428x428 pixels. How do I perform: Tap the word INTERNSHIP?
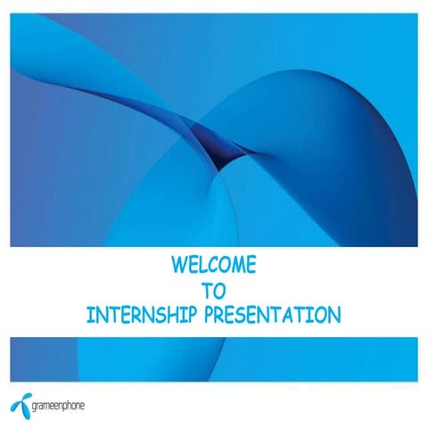coord(140,315)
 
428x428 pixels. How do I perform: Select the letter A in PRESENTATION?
coord(289,315)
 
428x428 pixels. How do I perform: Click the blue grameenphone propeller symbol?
coord(21,401)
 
